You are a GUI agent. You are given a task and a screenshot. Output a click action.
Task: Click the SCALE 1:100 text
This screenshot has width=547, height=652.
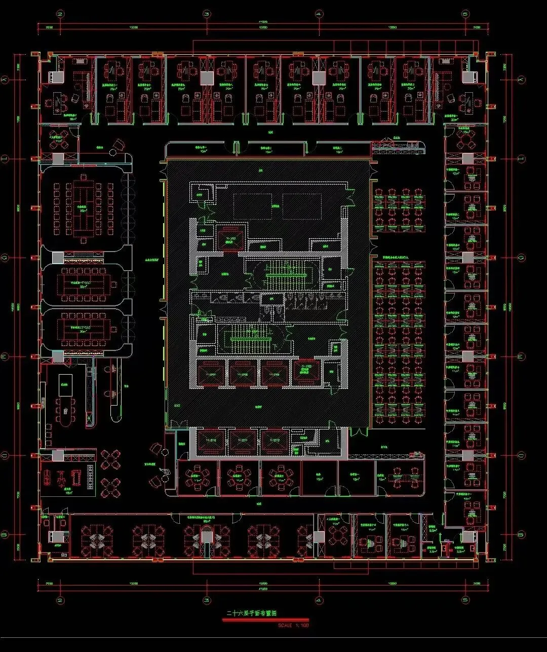(x=293, y=625)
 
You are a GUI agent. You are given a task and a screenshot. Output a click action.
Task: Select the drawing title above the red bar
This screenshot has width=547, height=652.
(x=251, y=613)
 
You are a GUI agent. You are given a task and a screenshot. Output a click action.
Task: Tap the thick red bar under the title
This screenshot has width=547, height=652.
(x=265, y=619)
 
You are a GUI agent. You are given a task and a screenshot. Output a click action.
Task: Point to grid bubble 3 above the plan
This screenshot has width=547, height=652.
(x=206, y=14)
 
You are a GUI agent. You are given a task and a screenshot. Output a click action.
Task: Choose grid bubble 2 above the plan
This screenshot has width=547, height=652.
(x=60, y=14)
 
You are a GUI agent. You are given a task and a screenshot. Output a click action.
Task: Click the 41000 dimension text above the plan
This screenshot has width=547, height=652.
(x=263, y=22)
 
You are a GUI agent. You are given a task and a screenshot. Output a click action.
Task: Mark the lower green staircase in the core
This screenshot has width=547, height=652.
(x=251, y=335)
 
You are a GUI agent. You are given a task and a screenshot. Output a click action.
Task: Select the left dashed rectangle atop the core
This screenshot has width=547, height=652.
(x=253, y=206)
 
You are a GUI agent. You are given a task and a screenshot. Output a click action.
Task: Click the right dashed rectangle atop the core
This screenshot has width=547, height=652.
(x=302, y=206)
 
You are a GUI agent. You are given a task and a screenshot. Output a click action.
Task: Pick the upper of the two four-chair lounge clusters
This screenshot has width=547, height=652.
(x=110, y=459)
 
